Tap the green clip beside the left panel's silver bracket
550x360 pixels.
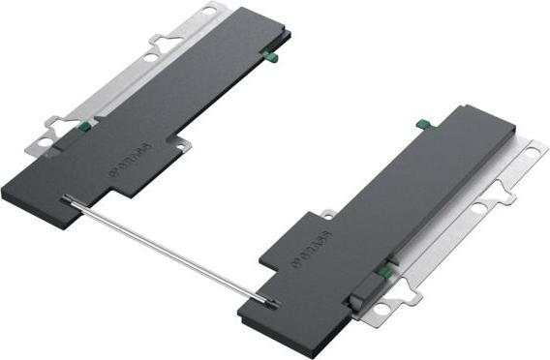coord(84,125)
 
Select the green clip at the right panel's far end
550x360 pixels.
coord(423,125)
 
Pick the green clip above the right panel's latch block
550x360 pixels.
coord(385,273)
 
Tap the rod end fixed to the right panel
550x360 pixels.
coord(274,305)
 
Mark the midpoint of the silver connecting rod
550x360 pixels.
coord(170,252)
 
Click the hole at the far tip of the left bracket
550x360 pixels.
coord(210,13)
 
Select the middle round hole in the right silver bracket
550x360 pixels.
coord(478,207)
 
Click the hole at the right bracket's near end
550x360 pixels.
coord(381,310)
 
